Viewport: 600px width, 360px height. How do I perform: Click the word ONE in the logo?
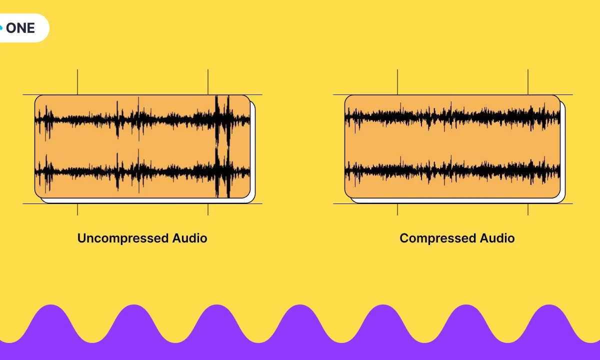(x=21, y=28)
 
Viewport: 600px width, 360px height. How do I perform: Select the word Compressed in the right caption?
(x=438, y=238)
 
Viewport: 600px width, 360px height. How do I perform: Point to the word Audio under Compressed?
(x=497, y=238)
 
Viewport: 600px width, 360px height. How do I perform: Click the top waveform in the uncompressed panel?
(x=142, y=119)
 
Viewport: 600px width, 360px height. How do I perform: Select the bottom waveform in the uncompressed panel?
(x=142, y=171)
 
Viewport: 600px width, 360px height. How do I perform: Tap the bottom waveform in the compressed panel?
(x=452, y=169)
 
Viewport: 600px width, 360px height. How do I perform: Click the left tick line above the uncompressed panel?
(x=77, y=82)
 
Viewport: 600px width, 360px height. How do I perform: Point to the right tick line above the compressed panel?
(x=528, y=82)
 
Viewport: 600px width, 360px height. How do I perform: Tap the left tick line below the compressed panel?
(x=397, y=209)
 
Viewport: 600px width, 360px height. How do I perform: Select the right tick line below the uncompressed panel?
(x=208, y=209)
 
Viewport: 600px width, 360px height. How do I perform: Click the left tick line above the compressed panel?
(x=397, y=82)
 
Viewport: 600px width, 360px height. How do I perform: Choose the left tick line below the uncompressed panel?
(x=77, y=209)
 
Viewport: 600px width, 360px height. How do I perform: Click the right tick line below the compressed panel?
(x=528, y=209)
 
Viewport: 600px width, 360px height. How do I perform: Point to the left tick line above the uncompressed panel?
(x=77, y=82)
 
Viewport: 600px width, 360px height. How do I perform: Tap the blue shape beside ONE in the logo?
(x=1, y=28)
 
